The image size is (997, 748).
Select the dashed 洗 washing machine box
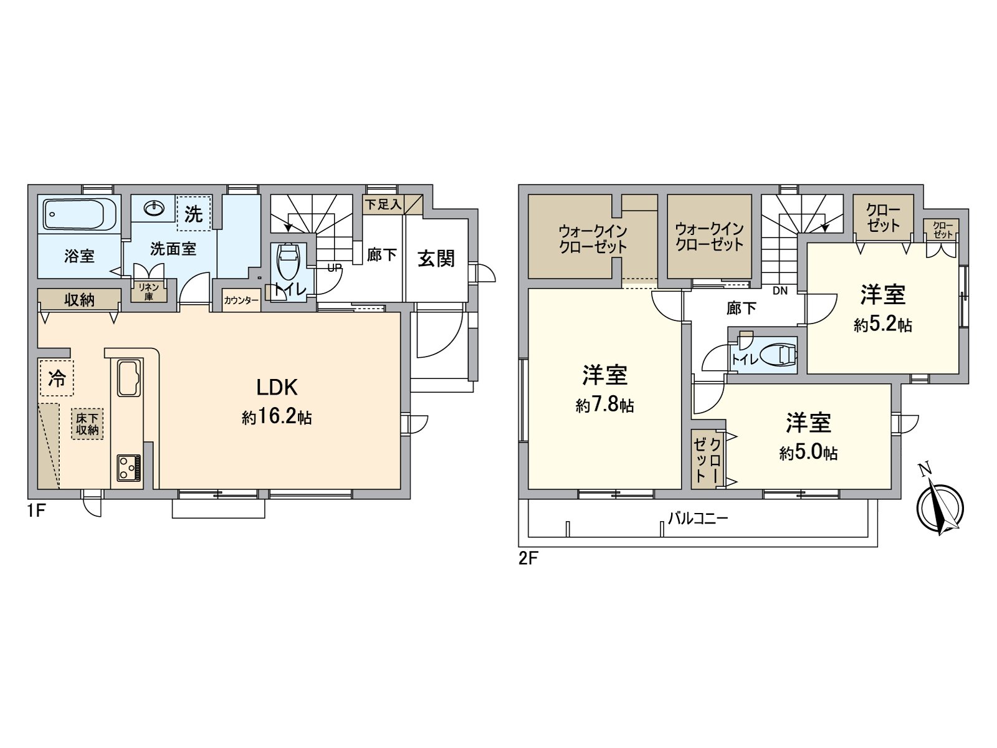click(194, 214)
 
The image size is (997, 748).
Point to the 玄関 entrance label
click(436, 258)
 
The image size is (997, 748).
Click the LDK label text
click(277, 388)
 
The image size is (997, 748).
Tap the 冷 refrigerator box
click(57, 378)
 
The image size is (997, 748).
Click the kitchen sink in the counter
click(128, 378)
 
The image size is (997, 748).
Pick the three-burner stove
click(128, 467)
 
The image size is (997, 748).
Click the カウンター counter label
click(241, 300)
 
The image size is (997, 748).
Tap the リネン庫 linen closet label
click(149, 292)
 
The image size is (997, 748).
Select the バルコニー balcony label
click(697, 518)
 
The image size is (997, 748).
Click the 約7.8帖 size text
click(604, 406)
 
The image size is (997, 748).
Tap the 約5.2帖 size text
click(882, 325)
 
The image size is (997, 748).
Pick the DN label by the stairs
click(780, 290)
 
